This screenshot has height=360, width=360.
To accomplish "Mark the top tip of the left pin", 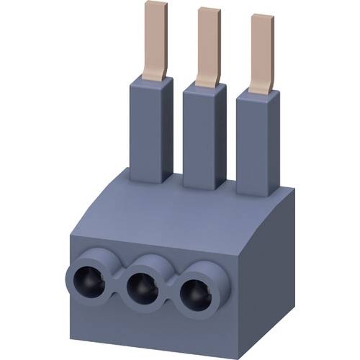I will coord(156,4).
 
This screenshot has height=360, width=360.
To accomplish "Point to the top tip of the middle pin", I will coord(209,9).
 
